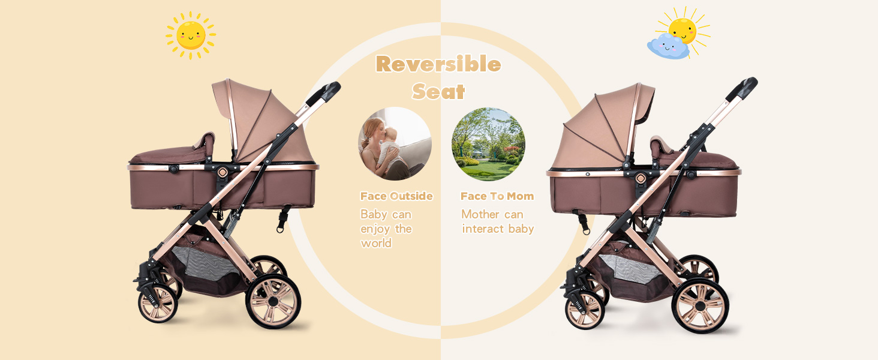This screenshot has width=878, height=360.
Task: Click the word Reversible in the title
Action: [438, 64]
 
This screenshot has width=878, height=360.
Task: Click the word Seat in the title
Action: [438, 91]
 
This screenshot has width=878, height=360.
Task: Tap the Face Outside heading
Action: [396, 196]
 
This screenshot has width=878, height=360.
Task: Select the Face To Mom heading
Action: [497, 196]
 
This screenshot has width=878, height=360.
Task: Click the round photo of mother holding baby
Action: [395, 143]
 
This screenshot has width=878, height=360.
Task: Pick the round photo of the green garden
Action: [488, 144]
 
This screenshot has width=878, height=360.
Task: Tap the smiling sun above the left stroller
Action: [191, 35]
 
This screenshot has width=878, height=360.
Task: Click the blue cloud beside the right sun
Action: [667, 46]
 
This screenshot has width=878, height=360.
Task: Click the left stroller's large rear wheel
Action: [273, 301]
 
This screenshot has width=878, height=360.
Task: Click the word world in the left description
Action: [376, 243]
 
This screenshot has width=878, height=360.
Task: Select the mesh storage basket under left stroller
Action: [210, 264]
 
